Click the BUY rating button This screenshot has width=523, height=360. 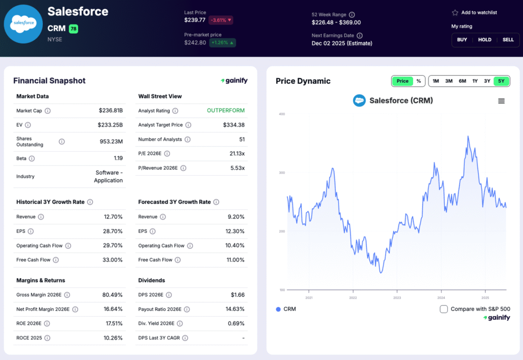(462, 40)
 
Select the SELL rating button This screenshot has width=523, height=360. (494, 40)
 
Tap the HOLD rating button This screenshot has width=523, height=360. (484, 40)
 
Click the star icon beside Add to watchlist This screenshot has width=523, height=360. (455, 13)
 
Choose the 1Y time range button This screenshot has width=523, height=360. (474, 81)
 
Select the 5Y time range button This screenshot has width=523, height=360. (501, 81)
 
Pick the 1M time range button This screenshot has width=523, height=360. (436, 81)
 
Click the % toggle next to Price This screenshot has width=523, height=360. (419, 81)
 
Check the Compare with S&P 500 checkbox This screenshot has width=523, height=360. (444, 309)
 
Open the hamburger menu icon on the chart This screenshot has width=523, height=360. (501, 101)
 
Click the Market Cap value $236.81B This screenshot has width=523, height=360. (111, 110)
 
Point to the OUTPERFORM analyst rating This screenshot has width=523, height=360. (226, 110)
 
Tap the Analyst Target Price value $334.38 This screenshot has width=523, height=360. (233, 125)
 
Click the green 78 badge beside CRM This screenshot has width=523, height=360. (74, 29)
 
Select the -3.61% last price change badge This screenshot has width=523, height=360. (221, 20)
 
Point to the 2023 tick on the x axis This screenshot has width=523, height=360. (397, 298)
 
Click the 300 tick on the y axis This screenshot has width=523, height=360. (282, 173)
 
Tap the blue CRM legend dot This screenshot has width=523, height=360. (278, 309)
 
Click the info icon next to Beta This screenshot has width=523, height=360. (32, 159)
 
